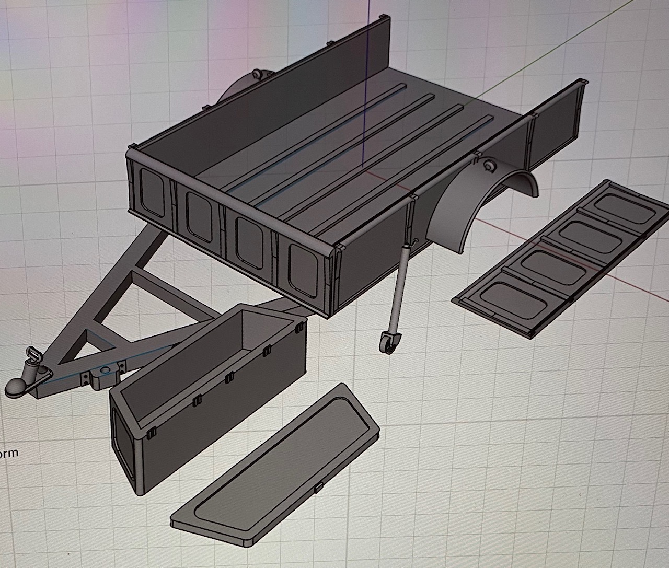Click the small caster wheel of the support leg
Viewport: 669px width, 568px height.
tap(388, 344)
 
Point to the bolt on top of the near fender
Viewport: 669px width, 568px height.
tap(490, 166)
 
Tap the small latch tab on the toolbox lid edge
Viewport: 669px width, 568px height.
tap(318, 489)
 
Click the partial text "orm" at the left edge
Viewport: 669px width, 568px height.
tap(9, 453)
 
